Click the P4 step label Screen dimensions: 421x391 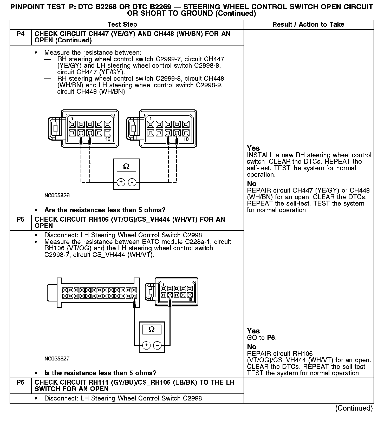(x=21, y=34)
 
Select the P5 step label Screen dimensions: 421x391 (x=21, y=220)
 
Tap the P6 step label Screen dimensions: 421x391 (x=21, y=383)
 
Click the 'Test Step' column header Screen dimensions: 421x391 (x=122, y=25)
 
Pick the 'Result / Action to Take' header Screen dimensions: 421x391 (x=308, y=25)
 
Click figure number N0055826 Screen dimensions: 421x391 (x=57, y=195)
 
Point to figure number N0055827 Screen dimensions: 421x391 (x=57, y=359)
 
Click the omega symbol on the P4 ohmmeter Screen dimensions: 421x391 (x=126, y=166)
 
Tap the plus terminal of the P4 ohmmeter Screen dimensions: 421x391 (x=121, y=182)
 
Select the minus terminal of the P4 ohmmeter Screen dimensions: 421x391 (x=132, y=182)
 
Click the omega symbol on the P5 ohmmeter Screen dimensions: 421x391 (x=152, y=330)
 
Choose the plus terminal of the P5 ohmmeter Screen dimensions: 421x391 (x=146, y=345)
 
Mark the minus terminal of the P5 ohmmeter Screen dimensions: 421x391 (x=157, y=345)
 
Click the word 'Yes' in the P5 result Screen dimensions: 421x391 (x=253, y=331)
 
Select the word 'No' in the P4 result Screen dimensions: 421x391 (x=252, y=184)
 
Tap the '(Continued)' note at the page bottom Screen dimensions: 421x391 (x=354, y=408)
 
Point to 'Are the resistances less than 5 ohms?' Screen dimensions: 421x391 (x=105, y=210)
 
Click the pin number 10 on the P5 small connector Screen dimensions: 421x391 (x=190, y=300)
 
